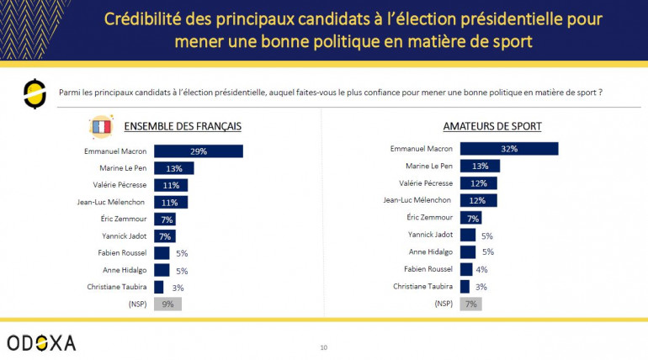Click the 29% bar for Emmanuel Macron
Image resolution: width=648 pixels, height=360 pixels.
198,151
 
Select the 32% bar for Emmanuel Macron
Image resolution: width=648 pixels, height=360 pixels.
509,149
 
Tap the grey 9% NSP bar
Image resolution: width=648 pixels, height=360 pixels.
167,304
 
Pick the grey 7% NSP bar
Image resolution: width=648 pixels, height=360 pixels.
470,303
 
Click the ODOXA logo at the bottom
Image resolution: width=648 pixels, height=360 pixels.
41,342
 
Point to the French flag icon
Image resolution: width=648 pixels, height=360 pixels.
101,127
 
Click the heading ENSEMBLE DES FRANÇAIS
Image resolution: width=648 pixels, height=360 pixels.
183,127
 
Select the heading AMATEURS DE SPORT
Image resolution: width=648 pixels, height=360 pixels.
491,127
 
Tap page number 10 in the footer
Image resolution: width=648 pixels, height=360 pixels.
324,347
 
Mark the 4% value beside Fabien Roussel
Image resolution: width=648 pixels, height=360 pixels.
482,269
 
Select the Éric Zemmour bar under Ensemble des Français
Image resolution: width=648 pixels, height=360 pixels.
164,219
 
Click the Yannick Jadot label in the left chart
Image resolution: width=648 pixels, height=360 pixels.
124,236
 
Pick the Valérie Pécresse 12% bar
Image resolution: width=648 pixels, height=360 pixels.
478,183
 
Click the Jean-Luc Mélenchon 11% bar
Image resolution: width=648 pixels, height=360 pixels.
171,202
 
